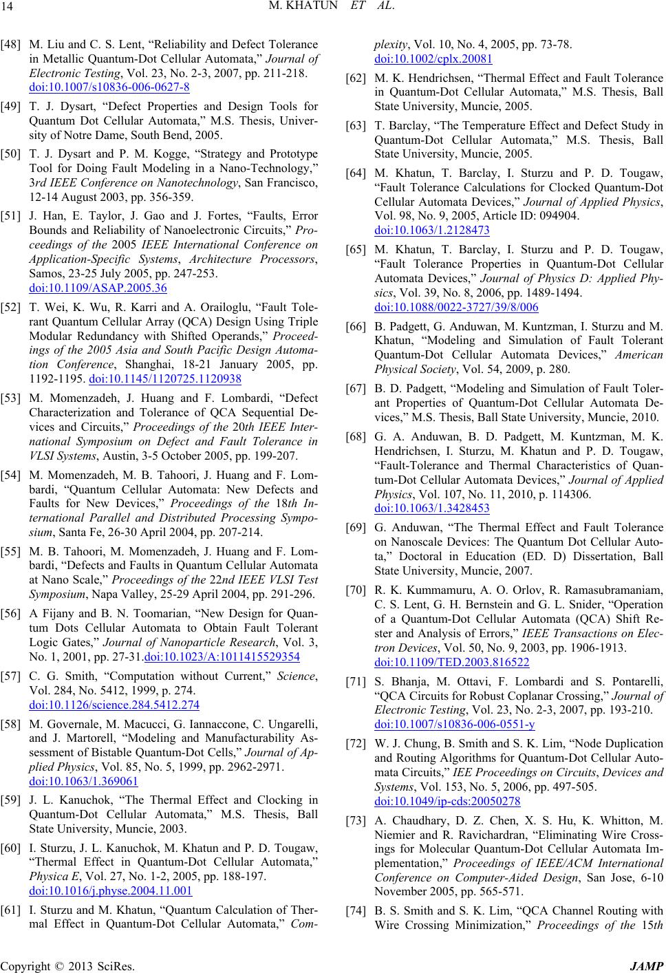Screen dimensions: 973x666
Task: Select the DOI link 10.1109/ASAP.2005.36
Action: (98, 287)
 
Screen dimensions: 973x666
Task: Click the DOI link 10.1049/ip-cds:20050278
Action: (447, 801)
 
